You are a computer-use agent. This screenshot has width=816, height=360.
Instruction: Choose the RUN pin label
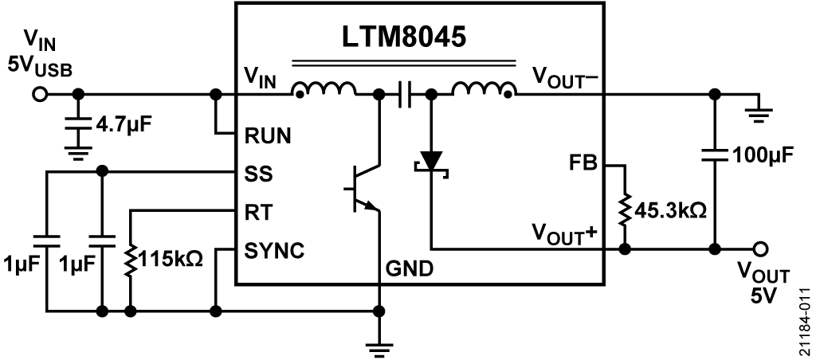[267, 136]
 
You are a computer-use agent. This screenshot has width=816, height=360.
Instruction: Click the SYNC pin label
[274, 251]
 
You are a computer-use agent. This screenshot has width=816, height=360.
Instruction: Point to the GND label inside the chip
[410, 268]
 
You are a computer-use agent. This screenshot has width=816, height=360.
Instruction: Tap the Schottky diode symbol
[431, 161]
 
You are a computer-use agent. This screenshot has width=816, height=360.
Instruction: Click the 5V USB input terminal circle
[38, 95]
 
